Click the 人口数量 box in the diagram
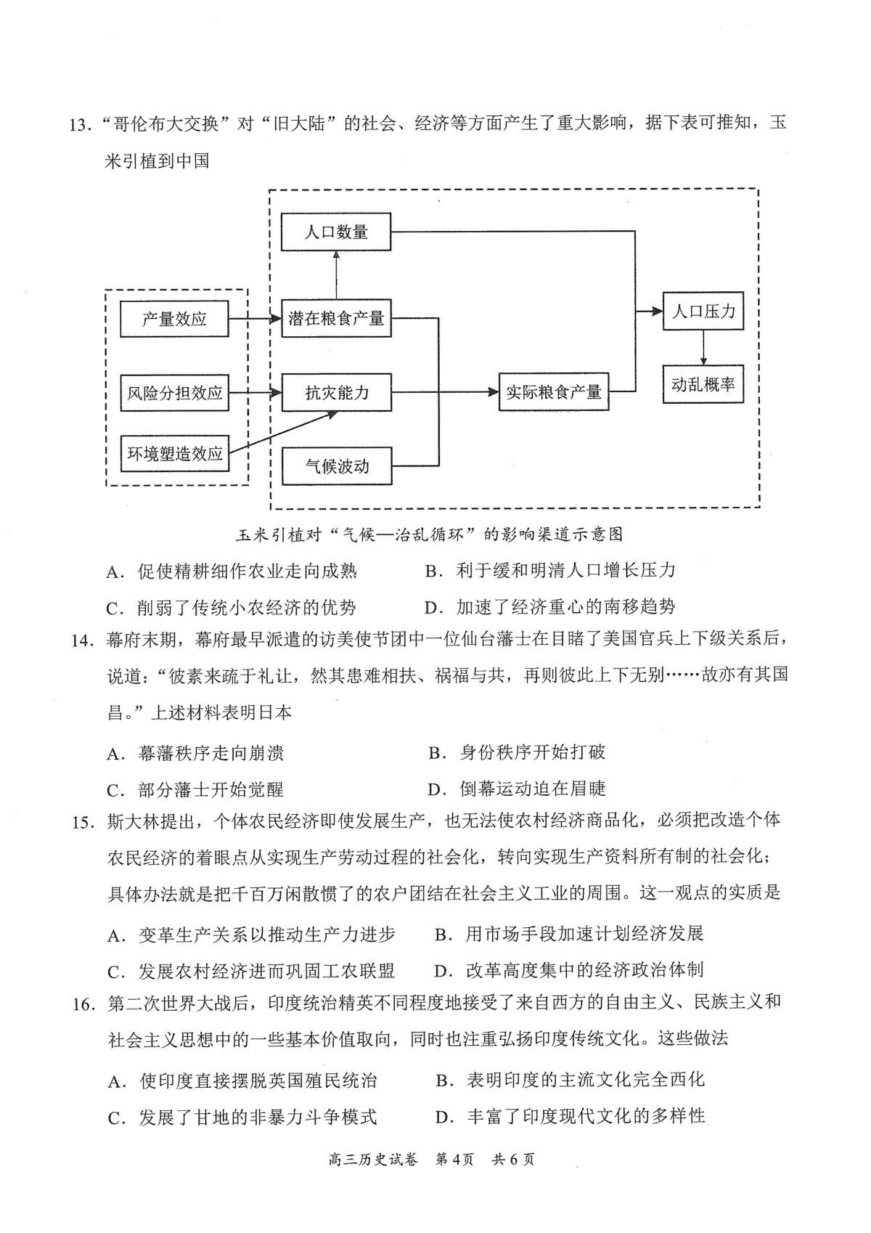pyautogui.click(x=336, y=232)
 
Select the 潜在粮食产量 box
pyautogui.click(x=336, y=318)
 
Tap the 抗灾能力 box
pyautogui.click(x=337, y=392)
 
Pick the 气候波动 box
pyautogui.click(x=337, y=466)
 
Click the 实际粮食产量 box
pyautogui.click(x=554, y=392)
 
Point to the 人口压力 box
pyautogui.click(x=703, y=311)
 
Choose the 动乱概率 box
pyautogui.click(x=703, y=384)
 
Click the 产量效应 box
pyautogui.click(x=174, y=319)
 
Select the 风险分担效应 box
pyautogui.click(x=174, y=393)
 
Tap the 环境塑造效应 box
pyautogui.click(x=174, y=453)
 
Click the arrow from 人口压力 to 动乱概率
pyautogui.click(x=703, y=348)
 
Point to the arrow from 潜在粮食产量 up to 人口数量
pyautogui.click(x=336, y=275)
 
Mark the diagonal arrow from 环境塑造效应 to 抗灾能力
pyautogui.click(x=283, y=432)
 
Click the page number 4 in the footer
pyautogui.click(x=456, y=1159)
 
